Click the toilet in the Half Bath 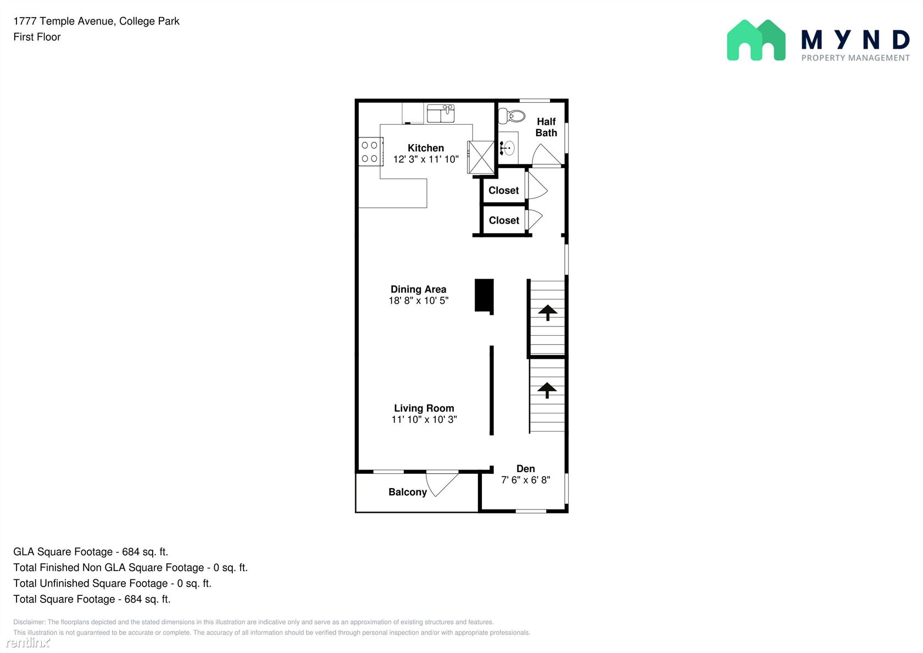(x=511, y=116)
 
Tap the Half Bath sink (x=509, y=147)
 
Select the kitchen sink (x=441, y=113)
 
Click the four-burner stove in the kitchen (x=371, y=152)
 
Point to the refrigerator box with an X (x=480, y=157)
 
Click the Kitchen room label (x=426, y=148)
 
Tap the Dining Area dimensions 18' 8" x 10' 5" (x=418, y=301)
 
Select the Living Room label (x=424, y=408)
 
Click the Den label (x=525, y=469)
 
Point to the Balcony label (x=408, y=492)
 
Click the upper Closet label (x=503, y=190)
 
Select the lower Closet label (x=504, y=220)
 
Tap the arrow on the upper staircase (x=547, y=312)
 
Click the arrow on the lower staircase (x=547, y=390)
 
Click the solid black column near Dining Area (x=484, y=296)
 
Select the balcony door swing (x=442, y=483)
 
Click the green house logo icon (x=756, y=40)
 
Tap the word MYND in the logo (x=855, y=40)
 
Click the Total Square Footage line (x=92, y=599)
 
